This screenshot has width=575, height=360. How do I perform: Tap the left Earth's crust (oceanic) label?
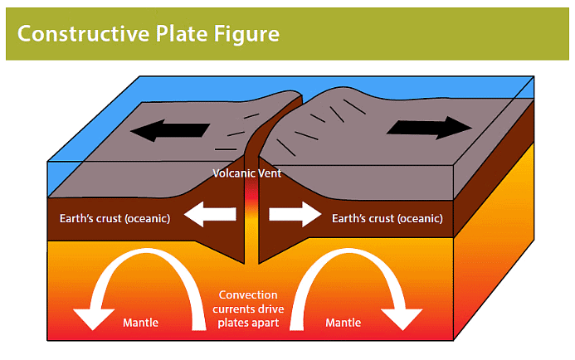pos(115,219)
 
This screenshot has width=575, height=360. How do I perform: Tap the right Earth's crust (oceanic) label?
pos(387,219)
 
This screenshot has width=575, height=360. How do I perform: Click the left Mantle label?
pos(140,322)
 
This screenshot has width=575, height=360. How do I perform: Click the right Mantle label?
pos(343,322)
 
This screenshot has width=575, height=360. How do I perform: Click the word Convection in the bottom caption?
pos(248,295)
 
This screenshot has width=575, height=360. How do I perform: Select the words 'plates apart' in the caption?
pos(248,323)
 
